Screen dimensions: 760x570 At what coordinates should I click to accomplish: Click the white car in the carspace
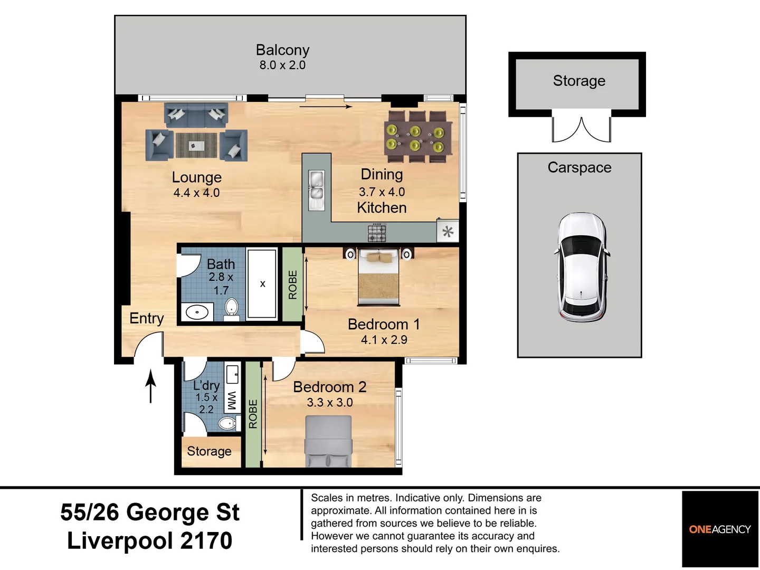(581, 267)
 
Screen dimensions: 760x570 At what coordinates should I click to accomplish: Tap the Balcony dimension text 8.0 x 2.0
(282, 65)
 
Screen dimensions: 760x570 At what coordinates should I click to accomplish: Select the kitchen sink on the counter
(317, 190)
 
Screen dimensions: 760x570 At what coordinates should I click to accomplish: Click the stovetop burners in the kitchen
(377, 232)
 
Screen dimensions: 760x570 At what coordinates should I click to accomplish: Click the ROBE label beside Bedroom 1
(292, 284)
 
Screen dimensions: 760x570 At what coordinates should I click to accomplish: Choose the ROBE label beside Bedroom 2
(253, 414)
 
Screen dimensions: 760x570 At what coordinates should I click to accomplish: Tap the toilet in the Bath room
(231, 309)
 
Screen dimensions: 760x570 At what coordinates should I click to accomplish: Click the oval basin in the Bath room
(197, 312)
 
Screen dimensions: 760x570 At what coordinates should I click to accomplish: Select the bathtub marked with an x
(262, 284)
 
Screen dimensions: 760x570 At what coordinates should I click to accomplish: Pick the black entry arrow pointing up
(150, 386)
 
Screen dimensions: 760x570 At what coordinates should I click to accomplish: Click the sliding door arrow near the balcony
(326, 107)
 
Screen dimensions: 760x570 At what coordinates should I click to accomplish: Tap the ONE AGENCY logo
(720, 529)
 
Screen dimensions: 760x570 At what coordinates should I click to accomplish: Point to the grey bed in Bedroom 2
(328, 441)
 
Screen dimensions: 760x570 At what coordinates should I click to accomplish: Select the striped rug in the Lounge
(196, 145)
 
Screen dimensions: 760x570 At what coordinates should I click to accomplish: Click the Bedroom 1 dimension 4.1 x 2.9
(384, 340)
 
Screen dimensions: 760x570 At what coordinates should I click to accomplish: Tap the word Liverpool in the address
(120, 541)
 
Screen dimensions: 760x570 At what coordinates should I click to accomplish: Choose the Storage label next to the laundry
(209, 451)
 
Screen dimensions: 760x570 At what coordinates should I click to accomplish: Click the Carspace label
(579, 167)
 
